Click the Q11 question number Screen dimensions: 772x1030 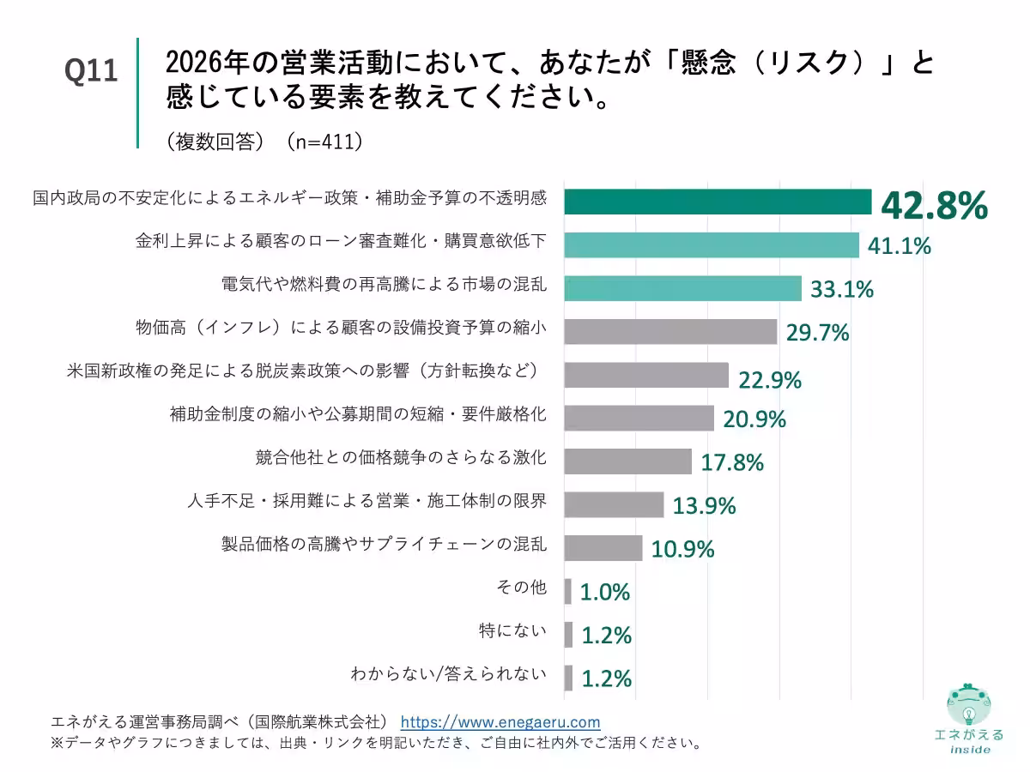[x=91, y=71]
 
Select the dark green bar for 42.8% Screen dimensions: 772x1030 [x=718, y=202]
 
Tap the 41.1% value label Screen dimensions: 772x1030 [x=900, y=246]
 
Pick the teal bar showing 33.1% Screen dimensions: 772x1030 [x=682, y=288]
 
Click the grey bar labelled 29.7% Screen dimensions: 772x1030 [x=670, y=331]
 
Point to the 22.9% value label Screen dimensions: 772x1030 [x=770, y=378]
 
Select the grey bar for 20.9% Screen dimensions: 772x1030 [x=639, y=418]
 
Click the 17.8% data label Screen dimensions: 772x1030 [x=732, y=463]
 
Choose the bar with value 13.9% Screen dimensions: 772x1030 [x=614, y=504]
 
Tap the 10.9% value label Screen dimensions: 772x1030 [x=683, y=549]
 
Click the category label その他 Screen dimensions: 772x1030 [x=521, y=588]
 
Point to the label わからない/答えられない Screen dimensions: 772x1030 [x=449, y=674]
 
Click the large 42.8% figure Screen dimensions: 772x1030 [x=933, y=206]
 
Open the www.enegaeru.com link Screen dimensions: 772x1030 [x=500, y=721]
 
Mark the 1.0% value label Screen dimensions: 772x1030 [x=605, y=592]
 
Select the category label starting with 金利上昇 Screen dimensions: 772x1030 [x=341, y=241]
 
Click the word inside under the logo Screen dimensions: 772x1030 [x=970, y=749]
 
